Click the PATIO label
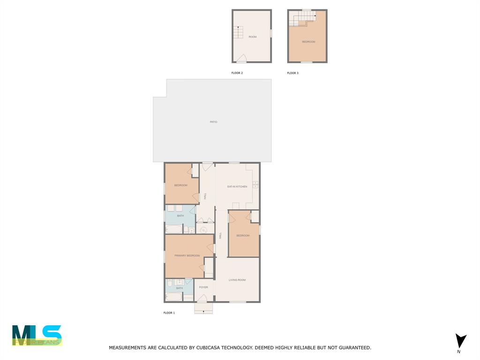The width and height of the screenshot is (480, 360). (x=213, y=122)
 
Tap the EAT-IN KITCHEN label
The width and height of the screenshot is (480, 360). (x=237, y=187)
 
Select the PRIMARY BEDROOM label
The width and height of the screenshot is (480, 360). (x=187, y=255)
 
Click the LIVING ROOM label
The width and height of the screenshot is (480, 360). (x=237, y=280)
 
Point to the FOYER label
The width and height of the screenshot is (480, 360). (x=203, y=287)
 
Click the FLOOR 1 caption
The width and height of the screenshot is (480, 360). (x=169, y=313)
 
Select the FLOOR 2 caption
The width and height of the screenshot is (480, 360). (x=237, y=73)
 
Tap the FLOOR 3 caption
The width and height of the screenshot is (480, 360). (x=292, y=73)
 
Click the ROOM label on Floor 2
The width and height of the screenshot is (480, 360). (x=253, y=37)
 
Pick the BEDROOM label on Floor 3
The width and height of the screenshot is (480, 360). (x=308, y=42)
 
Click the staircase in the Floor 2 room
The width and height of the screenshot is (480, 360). (x=238, y=32)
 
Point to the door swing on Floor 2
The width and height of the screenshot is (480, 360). (x=241, y=59)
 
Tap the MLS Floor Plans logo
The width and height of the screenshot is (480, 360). (x=37, y=336)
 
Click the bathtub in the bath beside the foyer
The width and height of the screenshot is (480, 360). (x=173, y=297)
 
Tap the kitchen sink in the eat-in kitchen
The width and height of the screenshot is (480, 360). (x=255, y=184)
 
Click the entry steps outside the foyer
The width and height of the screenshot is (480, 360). (x=203, y=308)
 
